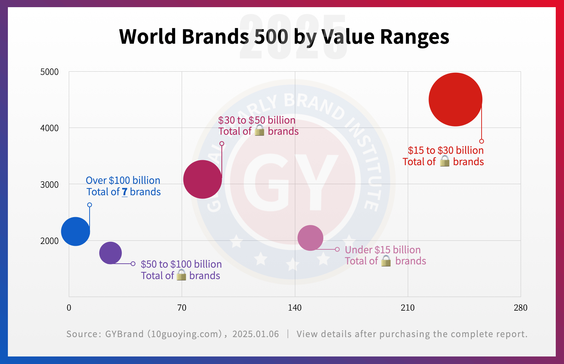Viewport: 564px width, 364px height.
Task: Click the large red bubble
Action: (455, 100)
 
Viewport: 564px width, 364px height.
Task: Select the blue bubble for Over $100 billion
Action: (75, 231)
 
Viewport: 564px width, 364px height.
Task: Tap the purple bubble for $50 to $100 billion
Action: (110, 253)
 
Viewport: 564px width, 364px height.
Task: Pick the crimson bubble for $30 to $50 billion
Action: (202, 179)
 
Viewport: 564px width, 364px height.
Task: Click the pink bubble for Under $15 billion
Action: (310, 238)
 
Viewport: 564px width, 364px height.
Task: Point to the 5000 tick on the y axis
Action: (49, 72)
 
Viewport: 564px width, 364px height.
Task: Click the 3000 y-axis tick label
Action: (49, 185)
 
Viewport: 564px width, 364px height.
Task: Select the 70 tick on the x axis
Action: (182, 308)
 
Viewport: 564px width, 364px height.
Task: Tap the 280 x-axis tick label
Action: (520, 308)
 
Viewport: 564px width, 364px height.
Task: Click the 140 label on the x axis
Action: (295, 308)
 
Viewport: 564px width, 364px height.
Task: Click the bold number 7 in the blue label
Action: (125, 192)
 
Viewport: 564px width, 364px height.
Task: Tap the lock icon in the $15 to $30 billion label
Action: (444, 161)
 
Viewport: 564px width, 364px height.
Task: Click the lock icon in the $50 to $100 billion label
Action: (181, 275)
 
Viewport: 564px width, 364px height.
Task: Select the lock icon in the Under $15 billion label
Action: (386, 261)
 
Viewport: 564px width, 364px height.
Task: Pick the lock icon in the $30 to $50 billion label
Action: (259, 131)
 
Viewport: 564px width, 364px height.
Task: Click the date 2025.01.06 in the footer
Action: (255, 334)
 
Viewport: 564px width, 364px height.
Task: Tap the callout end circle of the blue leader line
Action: (90, 205)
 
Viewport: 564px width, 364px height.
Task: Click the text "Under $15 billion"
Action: (383, 250)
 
